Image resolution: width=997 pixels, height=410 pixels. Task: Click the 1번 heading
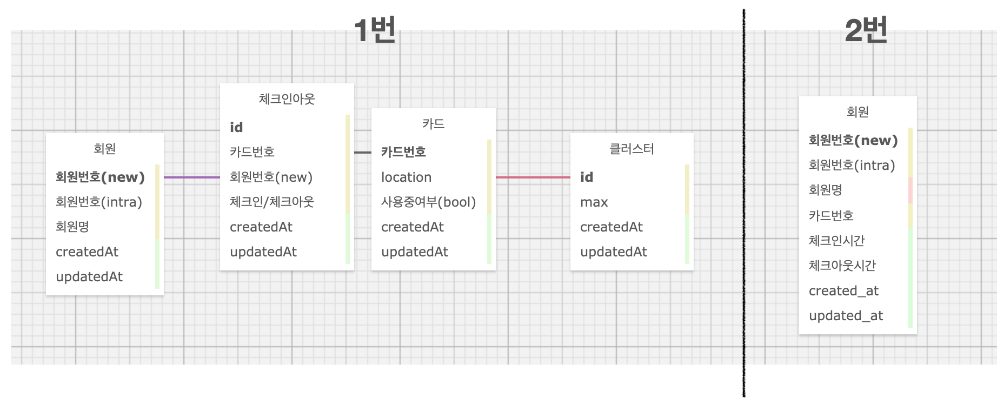point(375,30)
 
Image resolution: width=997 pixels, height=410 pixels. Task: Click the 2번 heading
point(866,30)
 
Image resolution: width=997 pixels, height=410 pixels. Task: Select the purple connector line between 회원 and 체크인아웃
point(191,177)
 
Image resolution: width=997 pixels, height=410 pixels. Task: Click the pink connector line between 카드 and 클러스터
point(533,177)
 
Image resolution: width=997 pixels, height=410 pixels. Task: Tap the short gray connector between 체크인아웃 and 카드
point(362,153)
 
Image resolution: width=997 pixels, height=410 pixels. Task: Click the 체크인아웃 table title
point(287,99)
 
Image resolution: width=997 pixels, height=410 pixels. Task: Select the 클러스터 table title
point(632,149)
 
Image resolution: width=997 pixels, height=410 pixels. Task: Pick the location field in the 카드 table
point(406,177)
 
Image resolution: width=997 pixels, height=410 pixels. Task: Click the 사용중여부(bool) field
point(428,202)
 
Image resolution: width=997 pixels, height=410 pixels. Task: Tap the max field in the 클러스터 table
point(594,202)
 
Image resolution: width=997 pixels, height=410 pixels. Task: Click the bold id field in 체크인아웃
point(236,127)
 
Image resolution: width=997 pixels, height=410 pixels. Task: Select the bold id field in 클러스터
point(587,177)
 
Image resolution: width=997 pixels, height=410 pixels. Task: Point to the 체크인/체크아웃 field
point(271,202)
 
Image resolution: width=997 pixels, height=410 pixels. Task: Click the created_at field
point(843,290)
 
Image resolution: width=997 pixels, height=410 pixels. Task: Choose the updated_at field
point(846,315)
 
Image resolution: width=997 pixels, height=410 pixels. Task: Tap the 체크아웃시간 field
point(842,266)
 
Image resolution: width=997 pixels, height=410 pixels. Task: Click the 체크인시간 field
point(836,241)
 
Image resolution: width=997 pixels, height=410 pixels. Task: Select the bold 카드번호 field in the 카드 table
point(403,152)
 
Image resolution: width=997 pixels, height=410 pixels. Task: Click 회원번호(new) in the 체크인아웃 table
point(271,177)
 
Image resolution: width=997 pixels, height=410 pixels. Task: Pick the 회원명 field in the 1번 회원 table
point(72,227)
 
